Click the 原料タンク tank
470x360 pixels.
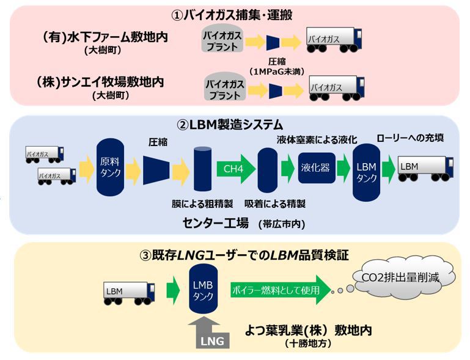click(109, 166)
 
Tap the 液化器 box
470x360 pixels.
click(317, 167)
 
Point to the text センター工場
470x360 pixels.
click(216, 221)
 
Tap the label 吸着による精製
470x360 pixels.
click(266, 203)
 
